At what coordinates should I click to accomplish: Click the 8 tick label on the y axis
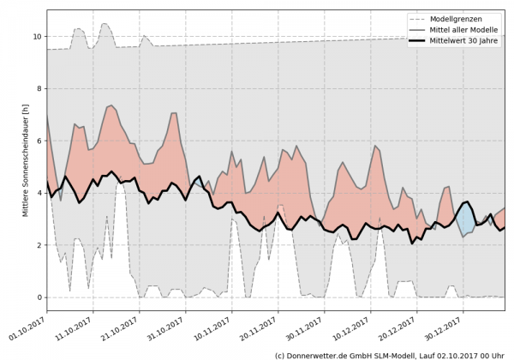tap(38, 89)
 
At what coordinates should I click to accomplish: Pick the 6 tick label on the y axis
tap(38, 141)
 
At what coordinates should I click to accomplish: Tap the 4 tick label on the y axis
tap(38, 193)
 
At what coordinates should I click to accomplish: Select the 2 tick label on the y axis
tap(38, 245)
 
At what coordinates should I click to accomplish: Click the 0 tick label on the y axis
tap(38, 297)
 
